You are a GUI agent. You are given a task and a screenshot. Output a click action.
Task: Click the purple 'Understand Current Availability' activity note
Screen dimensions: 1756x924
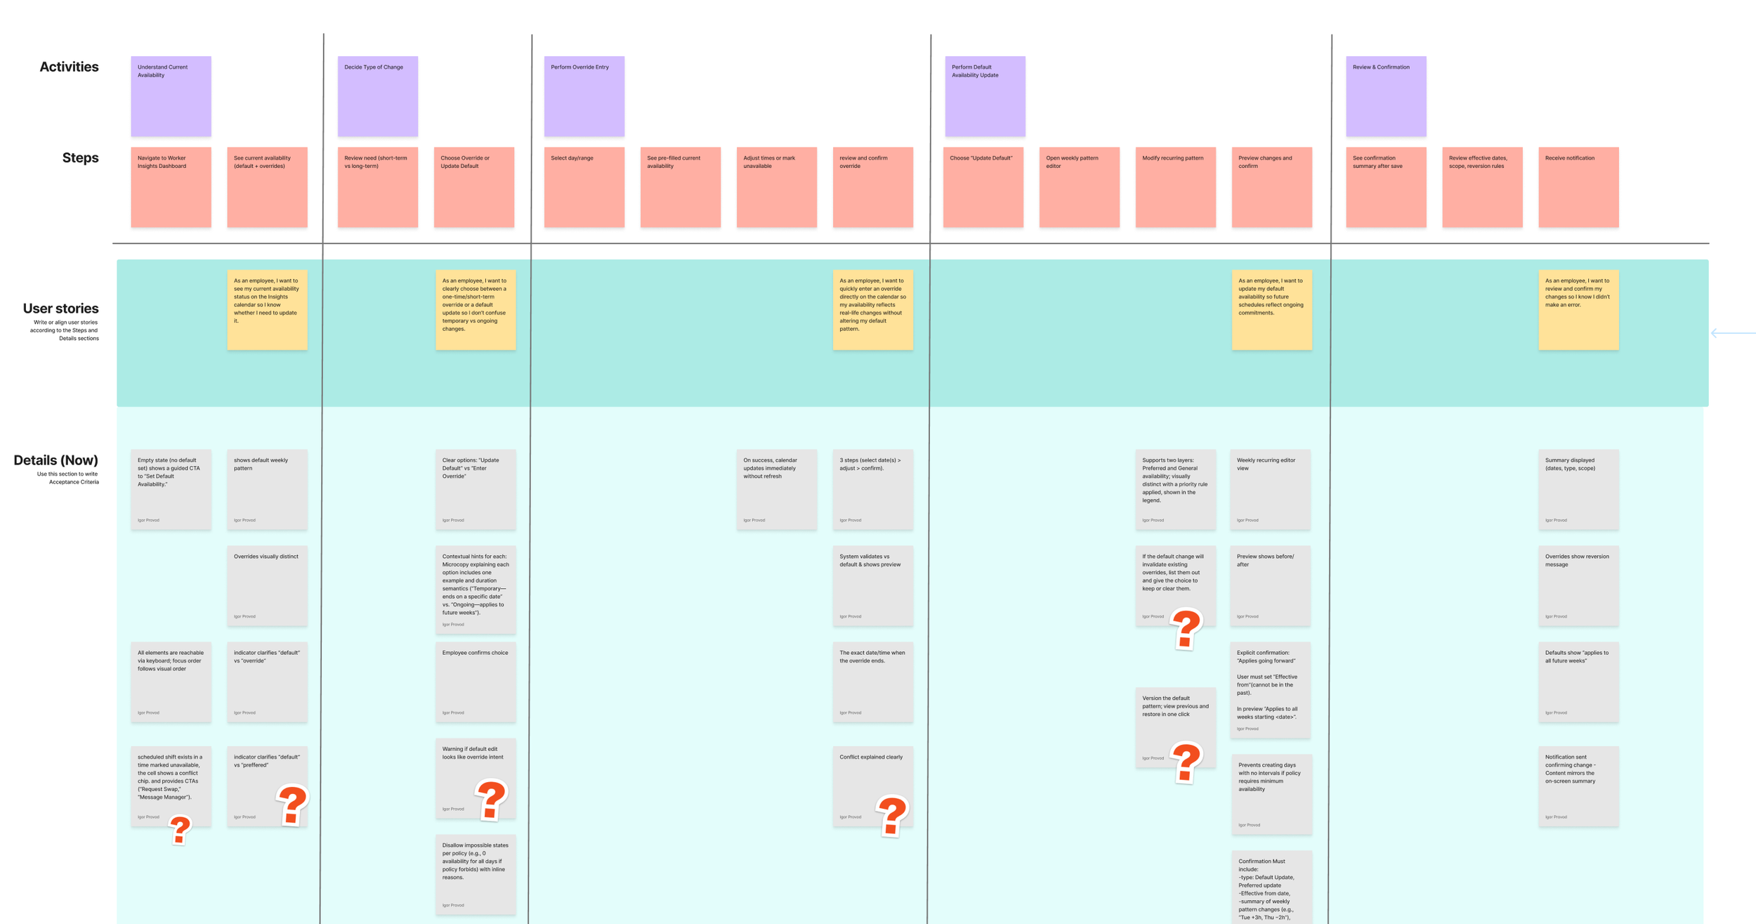point(171,96)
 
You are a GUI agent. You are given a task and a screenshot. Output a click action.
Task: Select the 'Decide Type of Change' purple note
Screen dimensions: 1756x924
point(377,96)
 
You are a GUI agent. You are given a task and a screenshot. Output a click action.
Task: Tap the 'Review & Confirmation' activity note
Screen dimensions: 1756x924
point(1385,96)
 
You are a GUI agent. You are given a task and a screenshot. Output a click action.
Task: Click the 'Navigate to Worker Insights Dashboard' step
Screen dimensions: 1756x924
point(171,187)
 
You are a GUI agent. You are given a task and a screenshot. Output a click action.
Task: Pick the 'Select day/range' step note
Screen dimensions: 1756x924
point(584,187)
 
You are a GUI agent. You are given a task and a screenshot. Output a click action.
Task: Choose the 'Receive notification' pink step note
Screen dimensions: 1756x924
point(1578,187)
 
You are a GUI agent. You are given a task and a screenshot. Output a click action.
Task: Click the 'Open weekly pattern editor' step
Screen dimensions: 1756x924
point(1079,187)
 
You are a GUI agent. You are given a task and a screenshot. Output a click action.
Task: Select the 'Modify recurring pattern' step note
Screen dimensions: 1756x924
point(1175,187)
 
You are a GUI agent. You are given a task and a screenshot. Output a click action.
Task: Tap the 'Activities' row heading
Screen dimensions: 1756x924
point(69,67)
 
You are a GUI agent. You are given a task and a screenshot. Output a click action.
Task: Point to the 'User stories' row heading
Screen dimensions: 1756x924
point(60,308)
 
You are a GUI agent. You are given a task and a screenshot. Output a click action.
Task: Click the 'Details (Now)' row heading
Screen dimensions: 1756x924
point(55,460)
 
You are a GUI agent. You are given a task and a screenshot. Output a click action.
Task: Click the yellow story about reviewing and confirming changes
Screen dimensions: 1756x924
point(1578,309)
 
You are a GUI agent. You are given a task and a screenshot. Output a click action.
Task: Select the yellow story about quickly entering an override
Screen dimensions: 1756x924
point(872,309)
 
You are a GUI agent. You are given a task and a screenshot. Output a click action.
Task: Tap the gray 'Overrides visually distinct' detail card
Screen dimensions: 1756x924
point(267,585)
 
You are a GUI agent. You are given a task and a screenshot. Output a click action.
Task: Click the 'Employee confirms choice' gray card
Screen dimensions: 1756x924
point(475,682)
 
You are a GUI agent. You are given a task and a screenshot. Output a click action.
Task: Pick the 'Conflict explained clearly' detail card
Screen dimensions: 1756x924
point(872,786)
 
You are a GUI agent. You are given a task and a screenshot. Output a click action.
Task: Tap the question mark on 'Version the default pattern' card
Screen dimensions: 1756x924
point(1186,762)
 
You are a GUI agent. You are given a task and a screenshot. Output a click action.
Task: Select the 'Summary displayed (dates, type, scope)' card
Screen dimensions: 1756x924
point(1578,489)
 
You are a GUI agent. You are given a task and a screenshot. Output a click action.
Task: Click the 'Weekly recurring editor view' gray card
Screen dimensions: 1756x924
point(1270,489)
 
